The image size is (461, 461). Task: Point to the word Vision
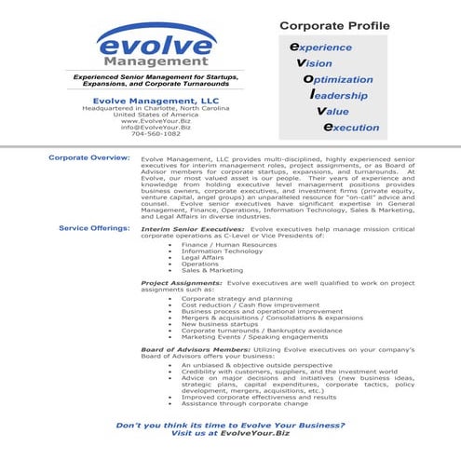click(x=321, y=62)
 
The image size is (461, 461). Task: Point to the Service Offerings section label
click(x=94, y=226)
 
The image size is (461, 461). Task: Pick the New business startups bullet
click(x=219, y=322)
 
